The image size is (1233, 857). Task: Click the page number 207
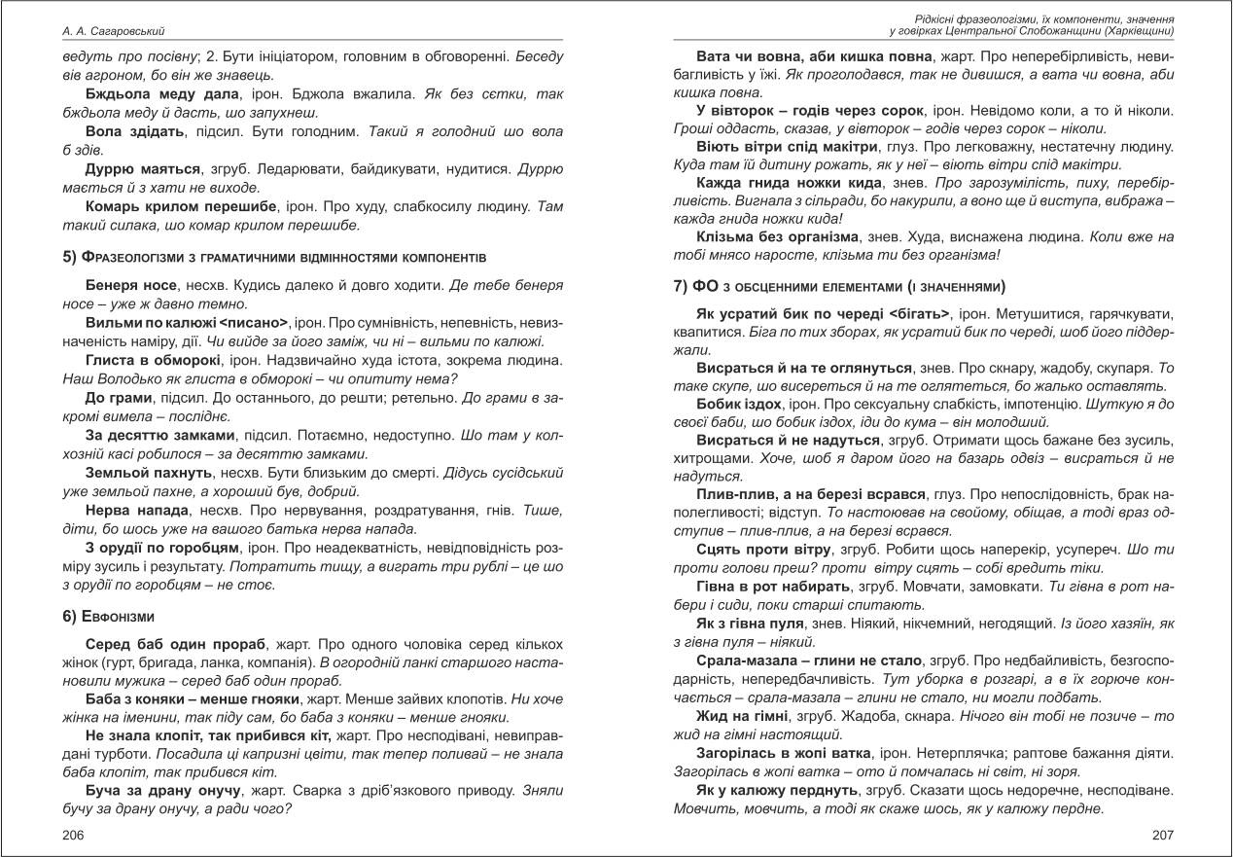[x=1162, y=835]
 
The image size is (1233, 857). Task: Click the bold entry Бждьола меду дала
[x=161, y=93]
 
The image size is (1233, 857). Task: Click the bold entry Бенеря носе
[x=130, y=285]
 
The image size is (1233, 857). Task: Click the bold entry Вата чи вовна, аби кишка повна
[x=817, y=57]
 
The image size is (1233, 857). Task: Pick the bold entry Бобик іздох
[x=739, y=404]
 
